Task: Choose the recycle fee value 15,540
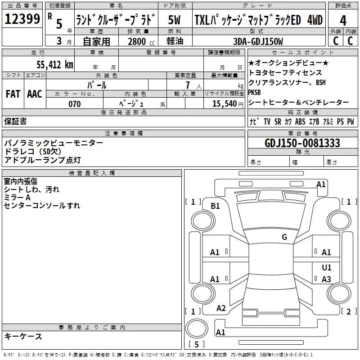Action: [223, 104]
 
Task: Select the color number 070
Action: [75, 104]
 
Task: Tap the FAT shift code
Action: [13, 94]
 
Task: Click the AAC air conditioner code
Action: [34, 94]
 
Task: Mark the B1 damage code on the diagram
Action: [216, 206]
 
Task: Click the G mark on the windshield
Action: [284, 237]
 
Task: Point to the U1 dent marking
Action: [327, 267]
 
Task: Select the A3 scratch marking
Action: [327, 279]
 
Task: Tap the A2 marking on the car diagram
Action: [221, 308]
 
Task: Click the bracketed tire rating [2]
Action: [347, 311]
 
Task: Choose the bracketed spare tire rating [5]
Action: [197, 345]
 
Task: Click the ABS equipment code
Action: [300, 122]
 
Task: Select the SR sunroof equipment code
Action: [278, 122]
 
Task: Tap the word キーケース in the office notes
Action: [23, 337]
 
